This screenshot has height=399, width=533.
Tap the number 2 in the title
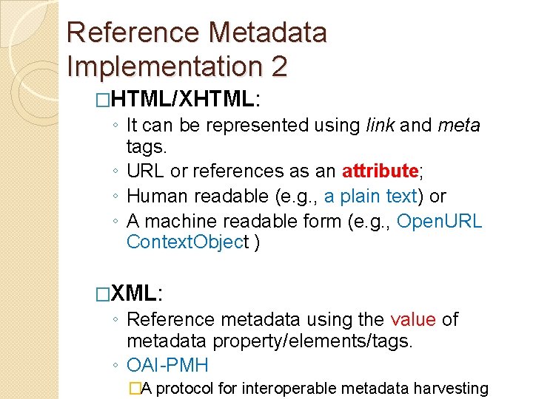coord(278,66)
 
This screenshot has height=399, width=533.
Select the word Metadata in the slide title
coord(267,33)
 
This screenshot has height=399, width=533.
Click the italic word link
coord(380,126)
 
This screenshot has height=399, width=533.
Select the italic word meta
coord(459,126)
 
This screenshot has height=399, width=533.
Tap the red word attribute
coord(381,172)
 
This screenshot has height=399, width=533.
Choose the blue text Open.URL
coord(440,221)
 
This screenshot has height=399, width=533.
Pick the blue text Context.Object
coord(188,242)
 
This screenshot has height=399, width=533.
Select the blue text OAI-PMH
coord(168,365)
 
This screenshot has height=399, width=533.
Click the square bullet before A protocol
coord(134,388)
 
